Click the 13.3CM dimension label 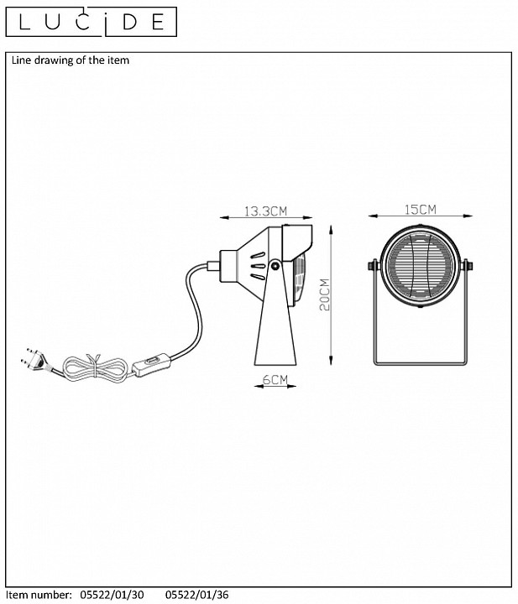tap(266, 211)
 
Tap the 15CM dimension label tap(420, 210)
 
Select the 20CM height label tap(325, 294)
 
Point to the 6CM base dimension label tap(275, 380)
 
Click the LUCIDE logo tap(92, 22)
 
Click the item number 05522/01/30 tap(112, 595)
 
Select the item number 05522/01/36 tap(197, 595)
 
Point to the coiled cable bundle tap(94, 367)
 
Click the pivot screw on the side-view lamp tap(275, 265)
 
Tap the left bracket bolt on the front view tap(373, 265)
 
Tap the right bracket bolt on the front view tap(468, 265)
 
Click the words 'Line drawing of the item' tap(71, 60)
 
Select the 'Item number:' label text tap(39, 595)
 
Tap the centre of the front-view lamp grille tap(420, 265)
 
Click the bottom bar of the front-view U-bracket tap(420, 363)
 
